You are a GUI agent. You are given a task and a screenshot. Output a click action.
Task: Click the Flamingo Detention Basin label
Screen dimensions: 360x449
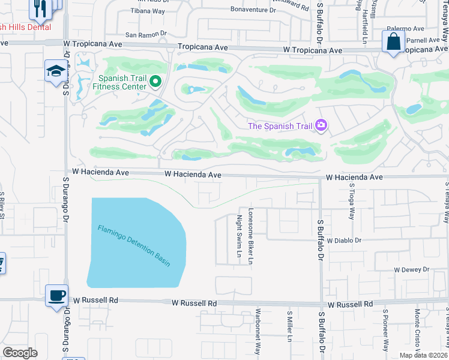point(134,245)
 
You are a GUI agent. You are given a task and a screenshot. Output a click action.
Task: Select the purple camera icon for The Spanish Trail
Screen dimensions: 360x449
point(322,125)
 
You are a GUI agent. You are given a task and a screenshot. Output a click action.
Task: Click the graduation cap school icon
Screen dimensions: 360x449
point(56,71)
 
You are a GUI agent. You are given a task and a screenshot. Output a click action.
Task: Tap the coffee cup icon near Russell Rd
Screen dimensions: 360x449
point(56,295)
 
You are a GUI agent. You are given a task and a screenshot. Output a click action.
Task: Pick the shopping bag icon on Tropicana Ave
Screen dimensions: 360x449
point(393,42)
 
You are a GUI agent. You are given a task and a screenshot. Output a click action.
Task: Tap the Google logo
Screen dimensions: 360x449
point(20,353)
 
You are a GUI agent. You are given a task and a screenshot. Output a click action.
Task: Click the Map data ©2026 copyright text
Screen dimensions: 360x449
point(423,355)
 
